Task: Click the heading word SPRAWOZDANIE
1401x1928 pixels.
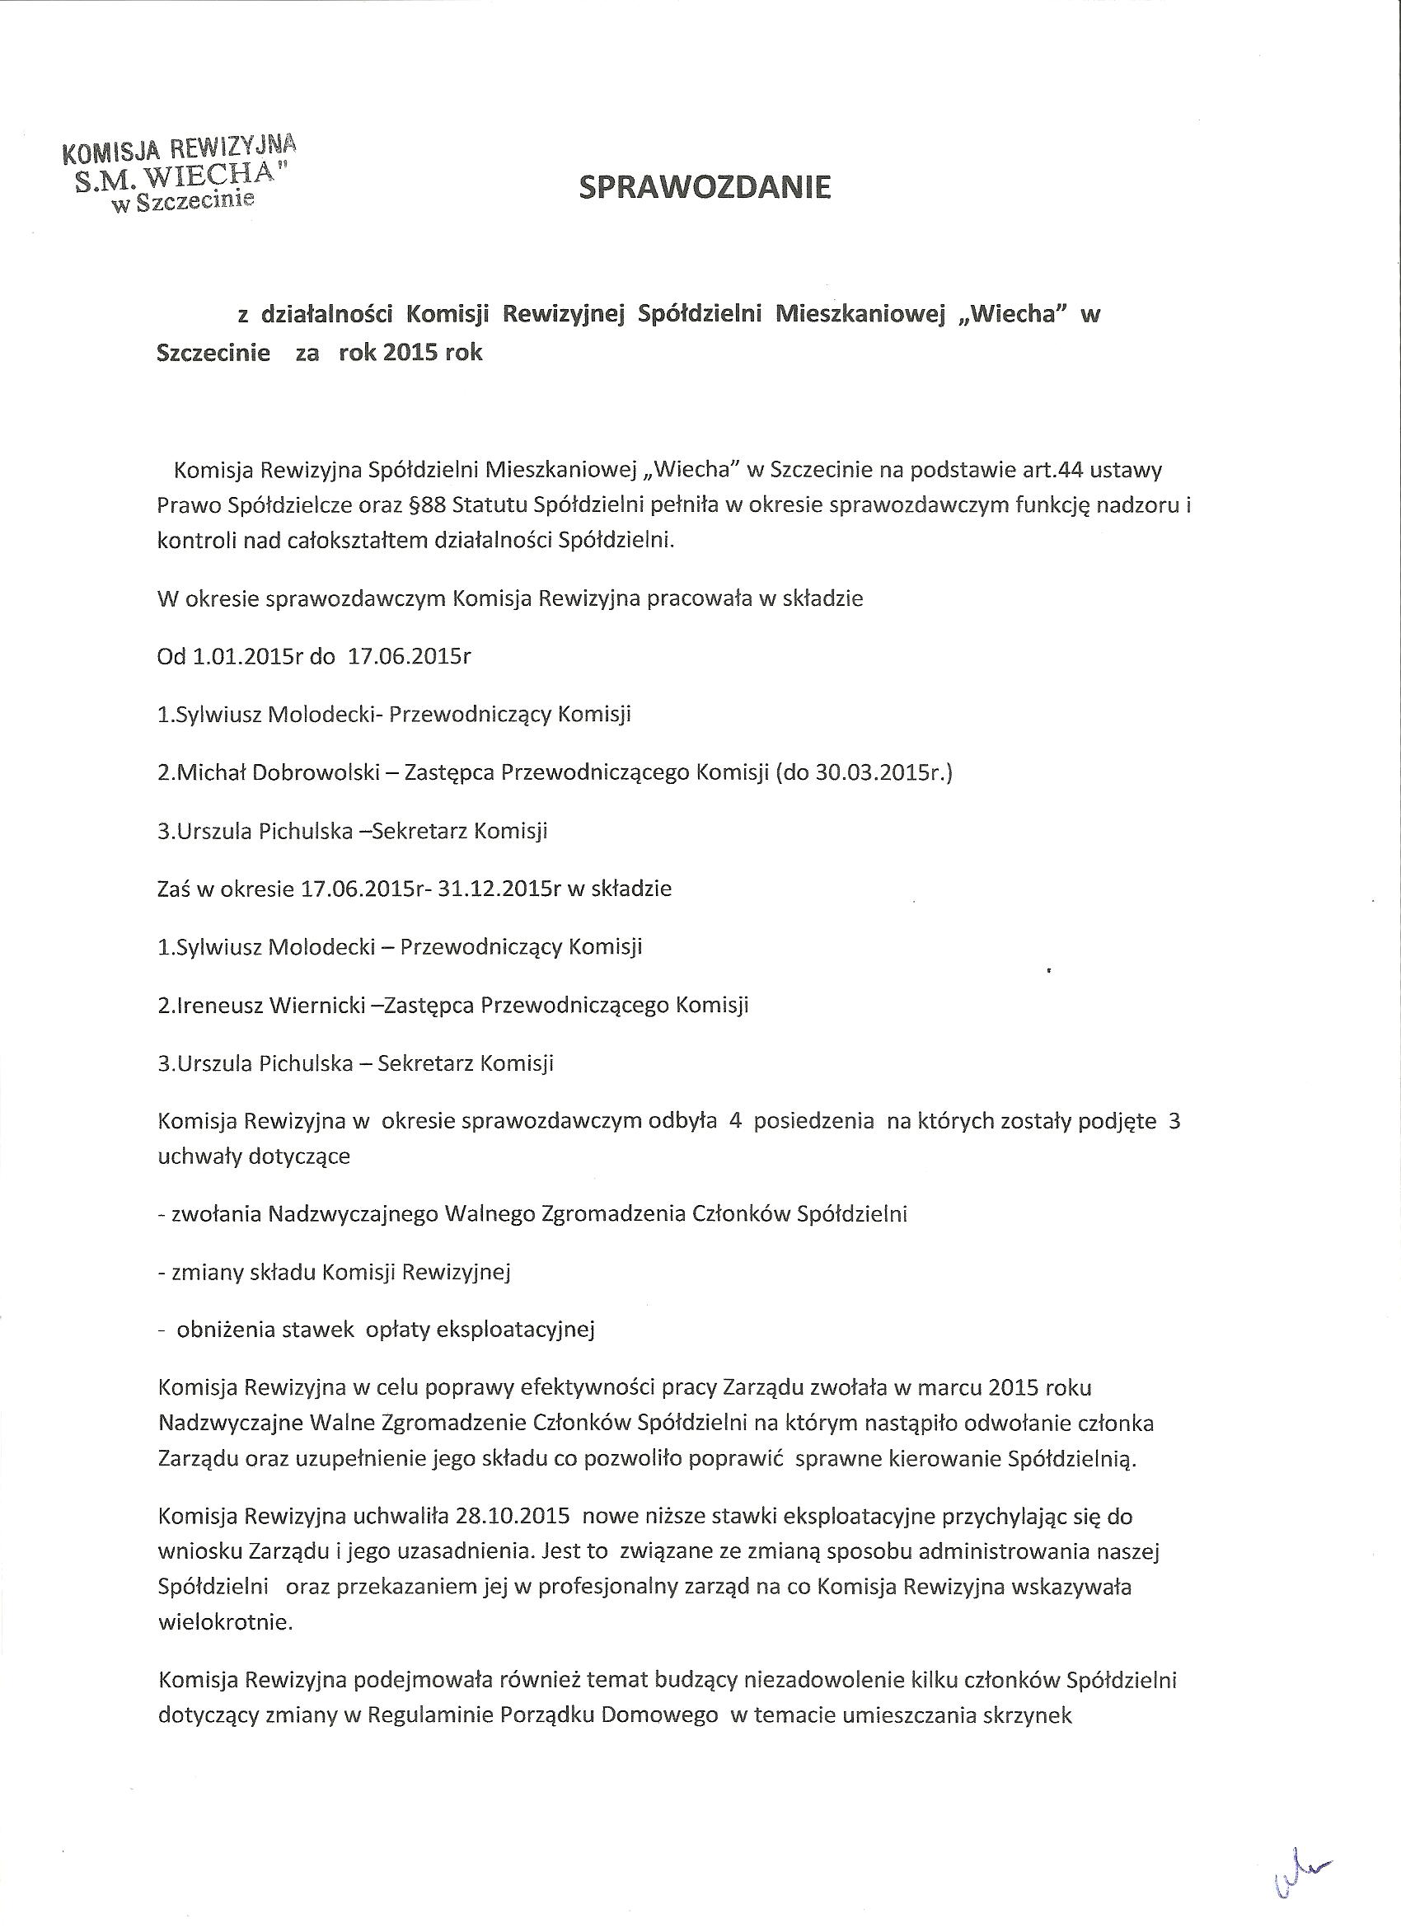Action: tap(705, 187)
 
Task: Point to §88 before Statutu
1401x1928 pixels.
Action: tap(428, 506)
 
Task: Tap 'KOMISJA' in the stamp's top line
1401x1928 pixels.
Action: tap(110, 153)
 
